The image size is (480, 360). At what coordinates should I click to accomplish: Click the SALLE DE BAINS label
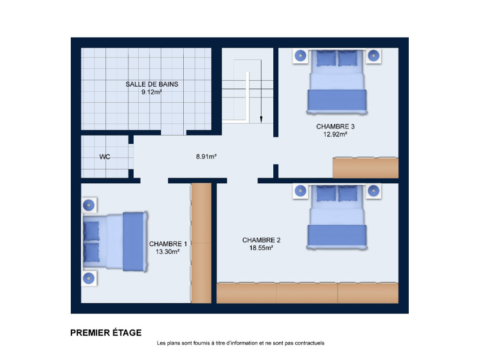coord(152,84)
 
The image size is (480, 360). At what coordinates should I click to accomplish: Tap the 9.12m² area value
coord(151,92)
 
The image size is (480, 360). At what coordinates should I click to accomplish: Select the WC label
coord(105,157)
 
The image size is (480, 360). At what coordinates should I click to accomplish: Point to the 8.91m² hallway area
coord(206,157)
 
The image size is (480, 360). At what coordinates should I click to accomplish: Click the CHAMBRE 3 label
coord(335,127)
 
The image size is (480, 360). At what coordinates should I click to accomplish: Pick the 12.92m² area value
coord(335,134)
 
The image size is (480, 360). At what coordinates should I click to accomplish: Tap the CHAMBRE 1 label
coord(168,244)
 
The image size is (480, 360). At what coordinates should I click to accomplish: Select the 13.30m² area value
coord(167,252)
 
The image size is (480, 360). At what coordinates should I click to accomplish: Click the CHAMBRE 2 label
coord(262,240)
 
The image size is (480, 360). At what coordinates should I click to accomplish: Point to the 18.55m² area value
coord(261,248)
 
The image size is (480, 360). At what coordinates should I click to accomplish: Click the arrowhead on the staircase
coord(261,119)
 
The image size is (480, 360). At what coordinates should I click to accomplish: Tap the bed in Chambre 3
coord(337,82)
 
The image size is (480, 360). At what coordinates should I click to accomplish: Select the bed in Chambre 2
coord(337,217)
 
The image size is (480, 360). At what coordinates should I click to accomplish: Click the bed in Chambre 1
coord(115,241)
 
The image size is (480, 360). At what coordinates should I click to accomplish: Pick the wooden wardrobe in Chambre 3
coord(366,167)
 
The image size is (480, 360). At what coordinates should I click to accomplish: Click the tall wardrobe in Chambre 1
coord(201,243)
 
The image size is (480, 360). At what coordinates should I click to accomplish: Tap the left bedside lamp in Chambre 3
coord(300,56)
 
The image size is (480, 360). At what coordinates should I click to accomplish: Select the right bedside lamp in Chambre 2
coord(374,191)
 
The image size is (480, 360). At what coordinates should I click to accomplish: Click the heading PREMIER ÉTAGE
coord(106,333)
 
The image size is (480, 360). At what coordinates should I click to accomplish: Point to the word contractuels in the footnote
coord(309,343)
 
